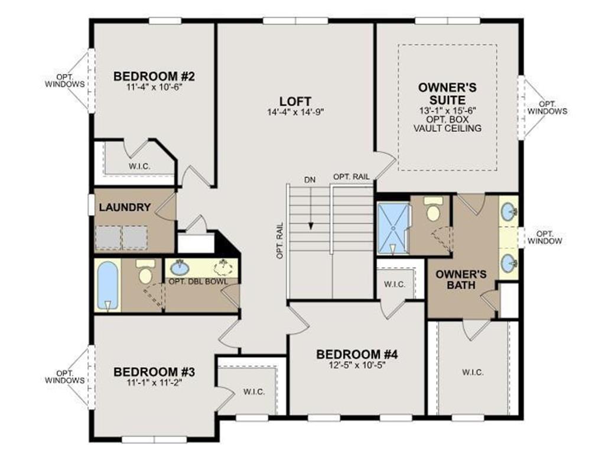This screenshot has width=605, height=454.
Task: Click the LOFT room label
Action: tap(295, 101)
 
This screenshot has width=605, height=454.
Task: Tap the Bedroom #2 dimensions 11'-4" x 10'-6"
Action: tap(154, 87)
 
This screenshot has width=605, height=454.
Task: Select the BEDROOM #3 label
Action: tap(154, 372)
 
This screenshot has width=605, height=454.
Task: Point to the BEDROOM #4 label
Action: tap(357, 354)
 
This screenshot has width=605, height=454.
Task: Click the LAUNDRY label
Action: tap(125, 207)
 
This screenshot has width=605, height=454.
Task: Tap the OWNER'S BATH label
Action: tap(461, 280)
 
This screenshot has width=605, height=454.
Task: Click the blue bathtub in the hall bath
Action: tap(108, 286)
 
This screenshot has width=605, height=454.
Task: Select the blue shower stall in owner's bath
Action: tap(393, 229)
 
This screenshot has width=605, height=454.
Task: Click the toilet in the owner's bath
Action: tap(433, 209)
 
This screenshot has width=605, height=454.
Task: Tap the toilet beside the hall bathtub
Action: tap(145, 272)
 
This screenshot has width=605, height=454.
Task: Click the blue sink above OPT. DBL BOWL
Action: tap(179, 267)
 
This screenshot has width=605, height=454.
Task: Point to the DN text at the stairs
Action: tap(310, 180)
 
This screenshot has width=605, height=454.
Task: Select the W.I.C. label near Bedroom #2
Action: tap(139, 167)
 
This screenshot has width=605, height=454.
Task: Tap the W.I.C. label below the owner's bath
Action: tap(473, 372)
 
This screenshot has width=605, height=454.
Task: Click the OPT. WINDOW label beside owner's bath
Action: tap(545, 238)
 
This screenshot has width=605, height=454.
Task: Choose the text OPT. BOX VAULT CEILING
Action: tap(448, 124)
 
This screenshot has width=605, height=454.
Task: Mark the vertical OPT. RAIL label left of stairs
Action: tap(280, 241)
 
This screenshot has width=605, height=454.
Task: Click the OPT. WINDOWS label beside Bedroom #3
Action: tap(64, 377)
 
